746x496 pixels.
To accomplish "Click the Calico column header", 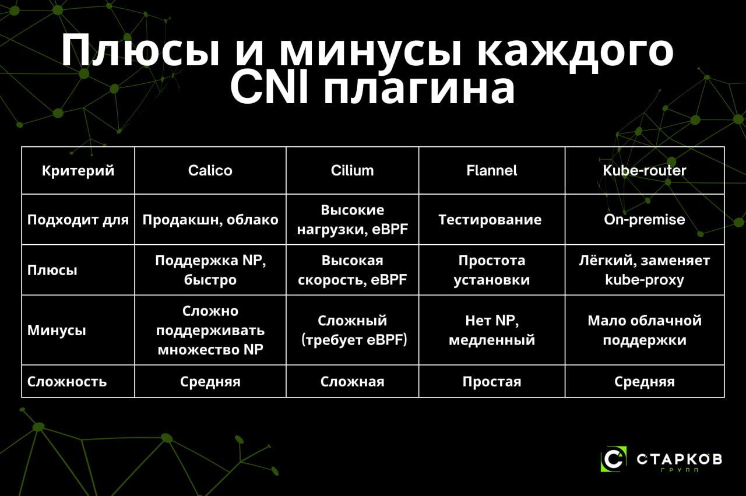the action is click(210, 171).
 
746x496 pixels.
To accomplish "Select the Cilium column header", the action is click(352, 171).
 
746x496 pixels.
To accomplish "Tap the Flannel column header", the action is click(491, 171).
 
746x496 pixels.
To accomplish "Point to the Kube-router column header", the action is click(645, 171).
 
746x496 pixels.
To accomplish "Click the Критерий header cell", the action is click(78, 171).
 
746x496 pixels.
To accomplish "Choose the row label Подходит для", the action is click(78, 220).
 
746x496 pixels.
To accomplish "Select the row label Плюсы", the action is click(52, 270).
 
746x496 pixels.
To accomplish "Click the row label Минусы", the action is click(57, 330).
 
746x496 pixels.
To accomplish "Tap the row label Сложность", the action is click(67, 382).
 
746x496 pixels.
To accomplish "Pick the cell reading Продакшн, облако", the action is click(210, 220).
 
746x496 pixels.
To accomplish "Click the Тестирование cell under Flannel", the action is click(490, 220).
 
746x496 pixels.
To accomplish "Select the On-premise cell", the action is click(645, 220).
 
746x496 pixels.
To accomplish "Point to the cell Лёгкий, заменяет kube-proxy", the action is click(645, 270).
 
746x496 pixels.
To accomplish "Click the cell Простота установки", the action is click(491, 270).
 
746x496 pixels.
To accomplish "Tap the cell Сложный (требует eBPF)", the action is click(354, 330).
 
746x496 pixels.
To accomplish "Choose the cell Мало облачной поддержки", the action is click(645, 330).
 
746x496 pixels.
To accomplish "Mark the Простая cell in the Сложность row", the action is click(491, 382).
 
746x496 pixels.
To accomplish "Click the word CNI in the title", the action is click(270, 87).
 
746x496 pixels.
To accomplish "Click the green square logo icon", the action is click(614, 459).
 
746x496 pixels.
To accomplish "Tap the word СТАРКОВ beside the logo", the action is click(680, 459).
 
